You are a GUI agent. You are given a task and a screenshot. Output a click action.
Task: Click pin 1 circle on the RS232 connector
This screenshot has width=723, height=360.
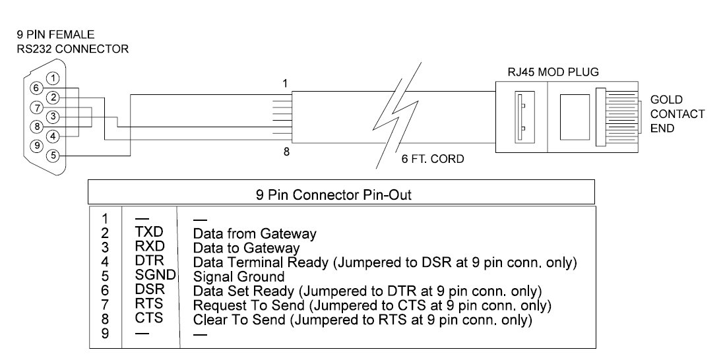coord(54,78)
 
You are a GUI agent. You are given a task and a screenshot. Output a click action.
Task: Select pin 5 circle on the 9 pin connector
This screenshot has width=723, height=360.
coord(54,156)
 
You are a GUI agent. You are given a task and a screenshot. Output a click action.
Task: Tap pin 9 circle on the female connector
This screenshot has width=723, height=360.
coord(36,146)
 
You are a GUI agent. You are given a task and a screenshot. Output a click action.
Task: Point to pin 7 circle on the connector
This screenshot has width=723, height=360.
coord(36,107)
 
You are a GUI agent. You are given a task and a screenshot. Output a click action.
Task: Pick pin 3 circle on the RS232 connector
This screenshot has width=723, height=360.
coord(54,117)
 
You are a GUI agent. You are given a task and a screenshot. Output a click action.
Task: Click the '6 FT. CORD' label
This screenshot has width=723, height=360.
coord(433,160)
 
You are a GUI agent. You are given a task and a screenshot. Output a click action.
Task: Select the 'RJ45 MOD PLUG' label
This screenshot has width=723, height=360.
coord(553,73)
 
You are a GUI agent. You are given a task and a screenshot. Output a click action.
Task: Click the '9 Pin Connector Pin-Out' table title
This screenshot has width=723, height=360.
coord(333,195)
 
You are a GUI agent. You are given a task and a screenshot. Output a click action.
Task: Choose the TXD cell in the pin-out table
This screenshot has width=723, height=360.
coord(149,233)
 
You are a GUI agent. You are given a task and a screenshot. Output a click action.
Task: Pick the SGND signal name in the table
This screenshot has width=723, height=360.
coord(156,275)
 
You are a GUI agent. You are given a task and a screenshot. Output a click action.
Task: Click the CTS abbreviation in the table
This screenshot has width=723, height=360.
coord(149,318)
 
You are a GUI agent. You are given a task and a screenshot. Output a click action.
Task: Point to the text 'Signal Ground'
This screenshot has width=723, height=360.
coord(239,276)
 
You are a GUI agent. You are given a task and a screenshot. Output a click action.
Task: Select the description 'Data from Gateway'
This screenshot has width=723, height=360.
coord(255,233)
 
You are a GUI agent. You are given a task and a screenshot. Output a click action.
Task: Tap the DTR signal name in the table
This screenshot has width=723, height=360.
coord(149,261)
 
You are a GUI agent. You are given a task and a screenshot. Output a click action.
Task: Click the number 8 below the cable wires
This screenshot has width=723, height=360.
coord(286,152)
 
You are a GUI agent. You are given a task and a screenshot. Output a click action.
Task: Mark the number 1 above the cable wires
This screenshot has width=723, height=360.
coord(285,84)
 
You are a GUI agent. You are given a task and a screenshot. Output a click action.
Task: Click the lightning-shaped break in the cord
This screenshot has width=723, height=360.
coord(398,114)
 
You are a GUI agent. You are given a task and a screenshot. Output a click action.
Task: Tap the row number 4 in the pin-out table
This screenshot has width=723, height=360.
coord(105,262)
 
